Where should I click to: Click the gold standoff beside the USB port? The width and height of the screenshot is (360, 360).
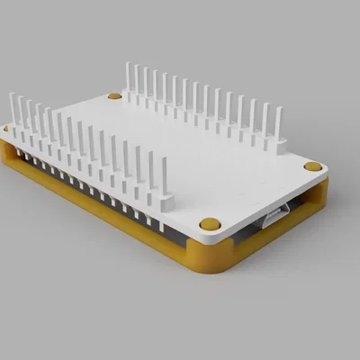(x=209, y=223)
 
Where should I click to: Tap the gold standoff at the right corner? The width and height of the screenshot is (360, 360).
(x=312, y=166)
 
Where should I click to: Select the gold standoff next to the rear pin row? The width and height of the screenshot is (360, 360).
(x=114, y=94)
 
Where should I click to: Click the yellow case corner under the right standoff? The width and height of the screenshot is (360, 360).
(x=319, y=193)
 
